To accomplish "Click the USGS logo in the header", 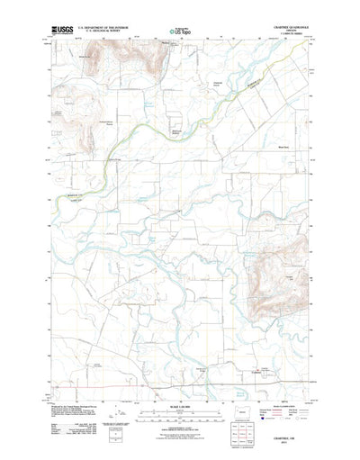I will [x=64, y=30].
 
